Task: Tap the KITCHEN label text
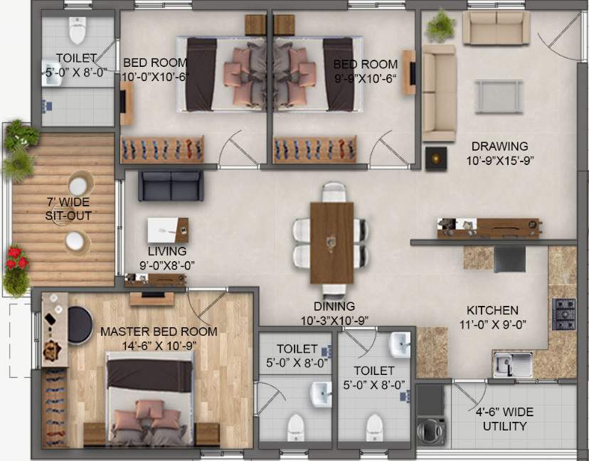point(492,311)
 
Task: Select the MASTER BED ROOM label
point(159,332)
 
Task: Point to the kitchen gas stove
point(565,314)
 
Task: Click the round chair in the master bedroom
point(78,324)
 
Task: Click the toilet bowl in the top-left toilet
point(77,31)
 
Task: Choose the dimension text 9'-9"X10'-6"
point(365,78)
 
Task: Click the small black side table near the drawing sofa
point(435,157)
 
